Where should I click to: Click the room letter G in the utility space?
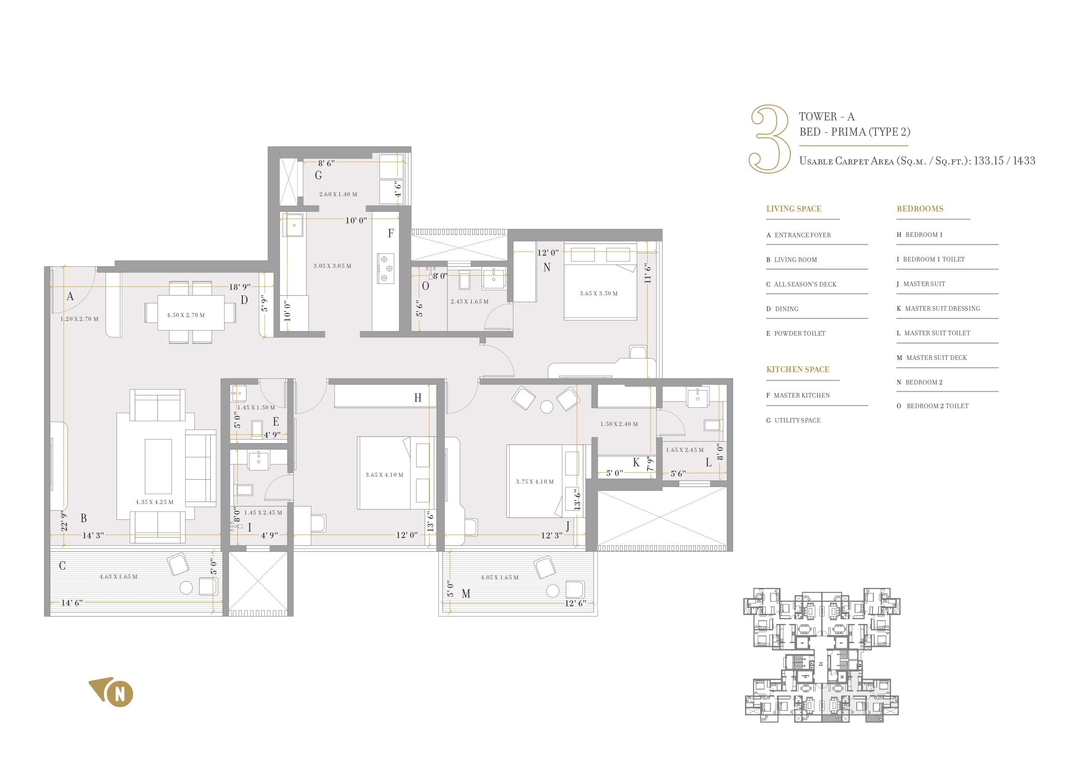click(318, 175)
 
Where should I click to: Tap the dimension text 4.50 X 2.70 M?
click(186, 315)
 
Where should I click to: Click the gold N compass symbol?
click(119, 693)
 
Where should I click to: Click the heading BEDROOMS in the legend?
click(919, 209)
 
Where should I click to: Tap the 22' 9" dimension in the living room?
click(64, 521)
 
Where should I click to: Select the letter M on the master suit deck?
click(466, 593)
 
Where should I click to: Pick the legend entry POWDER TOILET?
click(800, 333)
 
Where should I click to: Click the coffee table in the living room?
click(158, 465)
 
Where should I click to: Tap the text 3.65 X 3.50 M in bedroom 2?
click(598, 293)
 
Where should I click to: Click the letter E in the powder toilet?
click(276, 421)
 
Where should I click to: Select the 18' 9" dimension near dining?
click(239, 287)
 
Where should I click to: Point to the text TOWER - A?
click(826, 116)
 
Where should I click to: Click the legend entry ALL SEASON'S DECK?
click(805, 284)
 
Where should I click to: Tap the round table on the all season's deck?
click(186, 588)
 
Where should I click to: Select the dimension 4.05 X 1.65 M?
click(499, 577)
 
